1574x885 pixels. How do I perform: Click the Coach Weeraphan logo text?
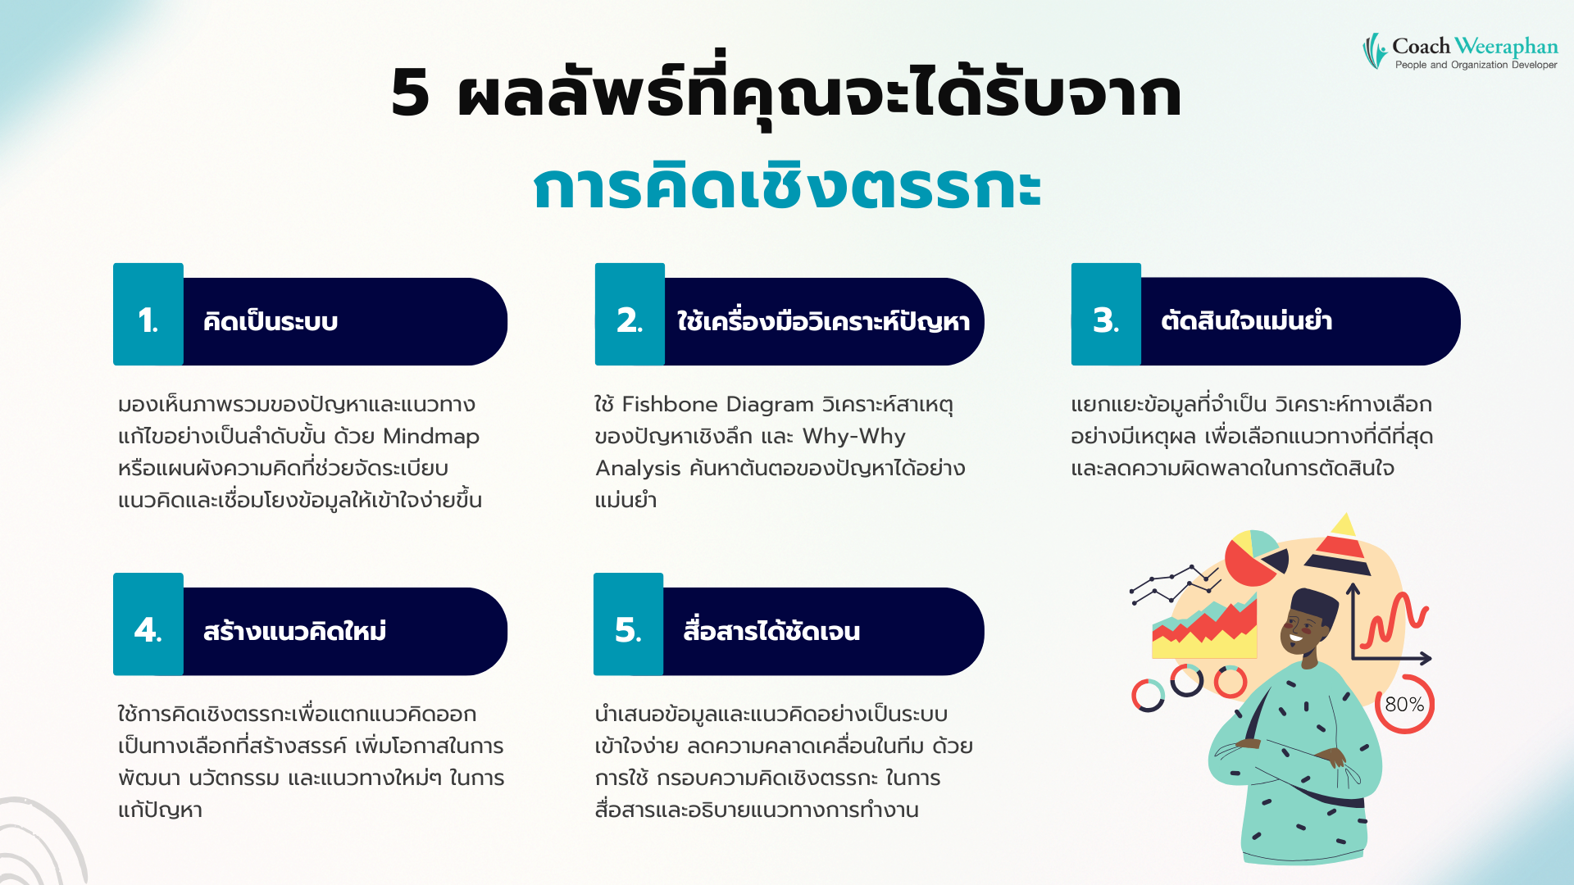(1474, 48)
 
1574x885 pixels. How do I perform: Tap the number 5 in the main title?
(411, 93)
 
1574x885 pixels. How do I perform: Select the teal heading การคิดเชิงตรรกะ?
(787, 187)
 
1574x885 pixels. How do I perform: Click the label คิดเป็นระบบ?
(271, 321)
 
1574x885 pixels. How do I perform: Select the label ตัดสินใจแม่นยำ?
(1246, 320)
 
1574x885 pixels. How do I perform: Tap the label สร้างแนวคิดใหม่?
(294, 631)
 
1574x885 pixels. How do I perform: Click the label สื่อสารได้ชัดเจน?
(771, 631)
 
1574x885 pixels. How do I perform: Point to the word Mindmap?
(431, 436)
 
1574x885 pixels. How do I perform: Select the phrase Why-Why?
(853, 436)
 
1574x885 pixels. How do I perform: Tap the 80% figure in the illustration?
(1403, 705)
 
